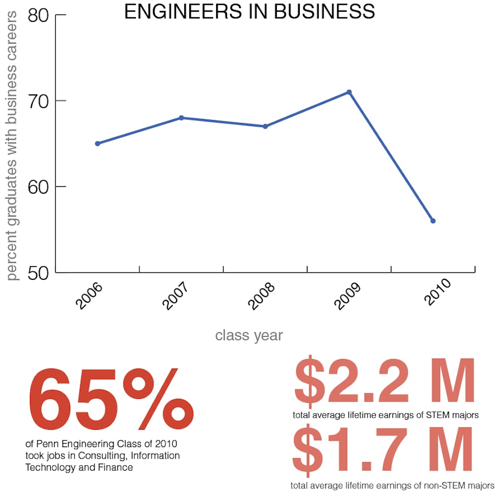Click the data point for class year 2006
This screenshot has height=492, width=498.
coord(98,143)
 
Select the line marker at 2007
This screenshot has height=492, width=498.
coord(182,118)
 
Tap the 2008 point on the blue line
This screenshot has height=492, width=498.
coord(265,126)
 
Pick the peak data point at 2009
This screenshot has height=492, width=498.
coord(350,92)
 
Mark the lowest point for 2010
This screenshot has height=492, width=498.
coord(433,221)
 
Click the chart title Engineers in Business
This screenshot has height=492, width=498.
coord(249,11)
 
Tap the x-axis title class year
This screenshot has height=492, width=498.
coord(249,335)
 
